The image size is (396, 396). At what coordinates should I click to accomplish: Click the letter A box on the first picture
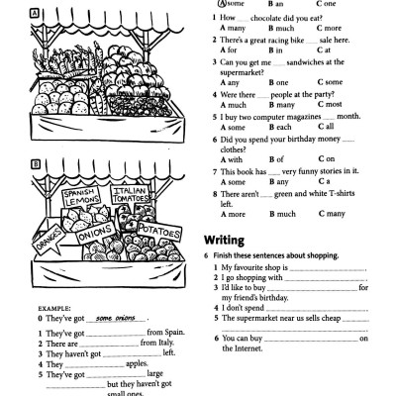pos(8,14)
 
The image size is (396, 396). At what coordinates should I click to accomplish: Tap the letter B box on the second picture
pos(9,163)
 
